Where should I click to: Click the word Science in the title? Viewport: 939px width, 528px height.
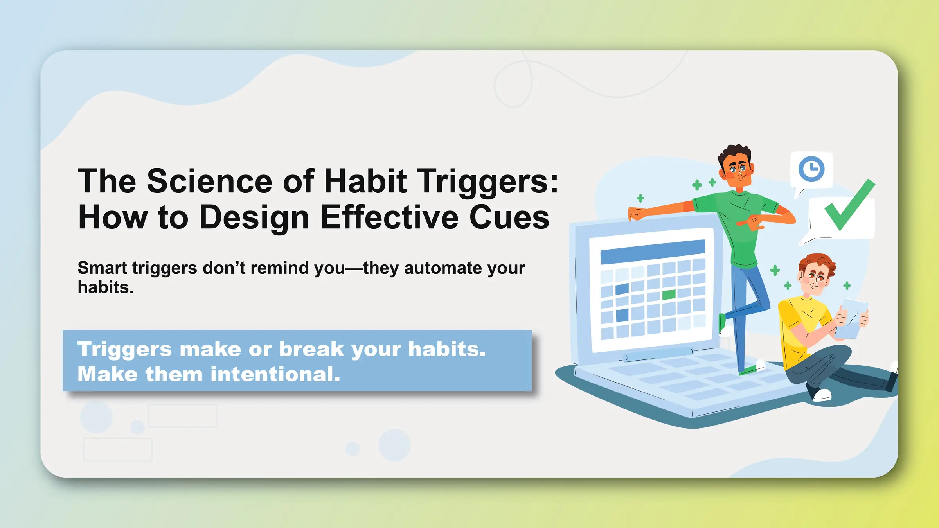tap(209, 181)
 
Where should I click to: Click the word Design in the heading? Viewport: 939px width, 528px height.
tap(254, 217)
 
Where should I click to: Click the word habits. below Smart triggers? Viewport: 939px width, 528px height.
tap(105, 288)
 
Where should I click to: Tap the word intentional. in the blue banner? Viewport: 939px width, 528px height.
tap(275, 374)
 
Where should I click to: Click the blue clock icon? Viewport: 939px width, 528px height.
tap(811, 169)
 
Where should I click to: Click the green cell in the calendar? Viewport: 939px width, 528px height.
tap(669, 295)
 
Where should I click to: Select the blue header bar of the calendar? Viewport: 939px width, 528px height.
tap(653, 251)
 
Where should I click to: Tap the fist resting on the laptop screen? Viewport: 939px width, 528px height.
tap(637, 214)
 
